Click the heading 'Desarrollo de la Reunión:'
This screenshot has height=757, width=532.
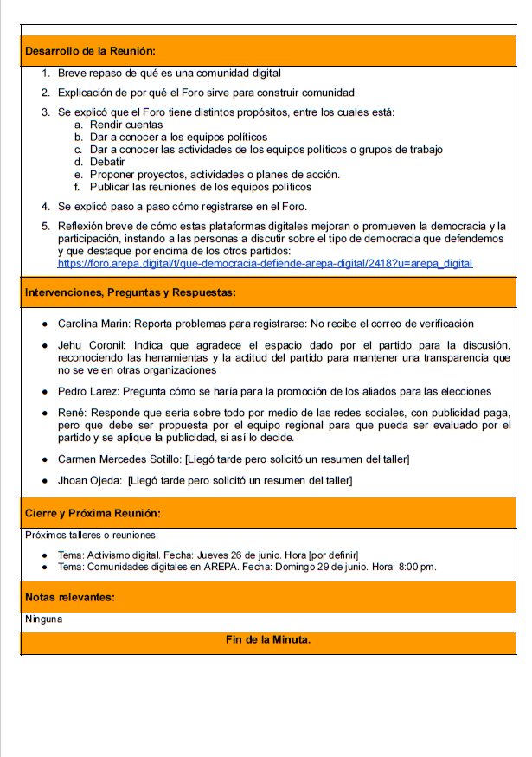pos(90,51)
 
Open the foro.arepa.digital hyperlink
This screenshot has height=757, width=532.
pos(265,263)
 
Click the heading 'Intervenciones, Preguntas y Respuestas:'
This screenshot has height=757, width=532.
pos(130,293)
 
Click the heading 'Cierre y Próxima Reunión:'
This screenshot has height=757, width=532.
pos(92,513)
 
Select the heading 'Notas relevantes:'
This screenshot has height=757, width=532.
pos(70,597)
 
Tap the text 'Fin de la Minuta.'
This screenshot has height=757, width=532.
pos(267,640)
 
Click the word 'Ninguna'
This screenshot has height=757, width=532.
pos(43,619)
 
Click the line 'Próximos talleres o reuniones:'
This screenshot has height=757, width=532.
pos(91,536)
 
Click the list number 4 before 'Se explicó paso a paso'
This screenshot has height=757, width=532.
pos(45,207)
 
